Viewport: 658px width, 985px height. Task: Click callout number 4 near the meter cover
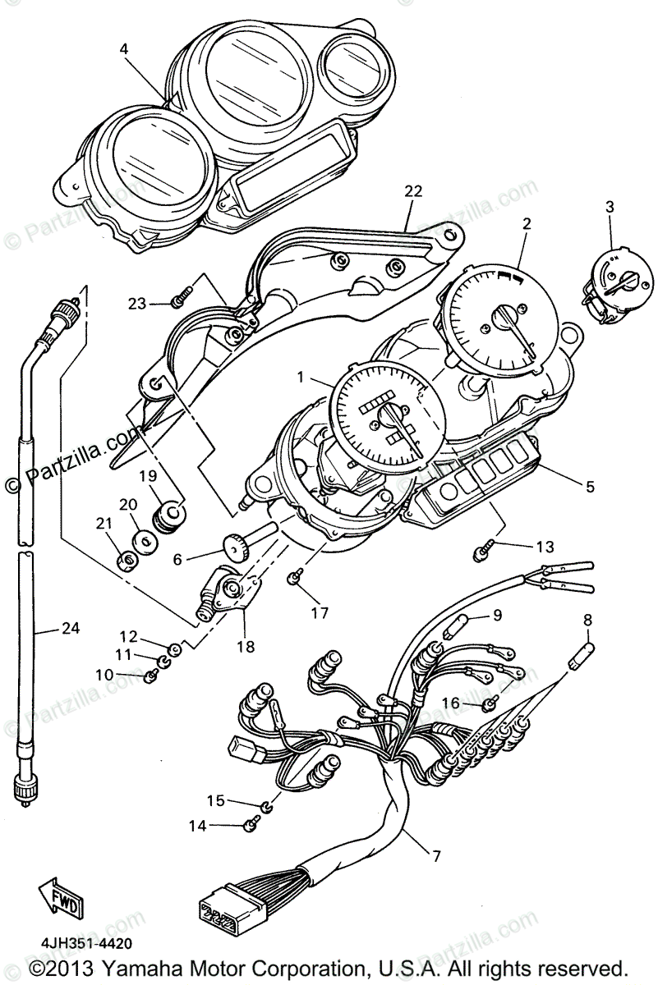(x=123, y=49)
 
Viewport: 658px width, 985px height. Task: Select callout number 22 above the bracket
(x=413, y=192)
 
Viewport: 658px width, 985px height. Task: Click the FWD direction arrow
(x=58, y=896)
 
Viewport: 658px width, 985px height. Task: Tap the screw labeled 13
(x=481, y=554)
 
